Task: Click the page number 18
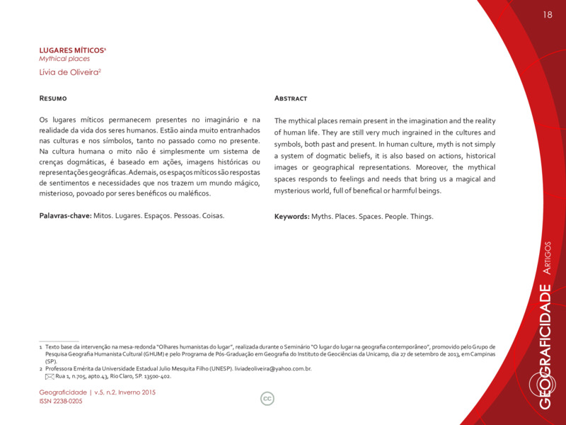pyautogui.click(x=547, y=16)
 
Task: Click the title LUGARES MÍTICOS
pyautogui.click(x=71, y=50)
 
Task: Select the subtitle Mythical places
pyautogui.click(x=64, y=59)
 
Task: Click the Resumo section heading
pyautogui.click(x=53, y=98)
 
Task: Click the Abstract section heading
pyautogui.click(x=291, y=98)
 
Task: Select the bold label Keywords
pyautogui.click(x=291, y=216)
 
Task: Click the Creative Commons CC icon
pyautogui.click(x=267, y=399)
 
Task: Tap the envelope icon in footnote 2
pyautogui.click(x=49, y=377)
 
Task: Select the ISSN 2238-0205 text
pyautogui.click(x=61, y=401)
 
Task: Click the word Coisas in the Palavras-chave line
pyautogui.click(x=213, y=215)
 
